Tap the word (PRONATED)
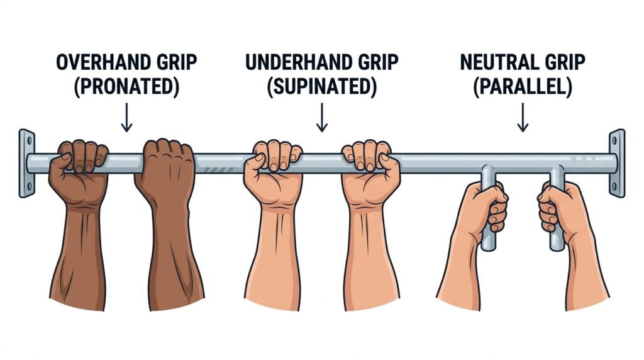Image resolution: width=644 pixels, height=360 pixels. point(126,86)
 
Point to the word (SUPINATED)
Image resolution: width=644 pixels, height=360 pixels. point(321,86)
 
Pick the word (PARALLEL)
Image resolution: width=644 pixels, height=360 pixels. point(523,86)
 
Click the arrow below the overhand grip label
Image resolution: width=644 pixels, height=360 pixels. point(126,117)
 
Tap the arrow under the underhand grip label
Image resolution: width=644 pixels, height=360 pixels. point(321,117)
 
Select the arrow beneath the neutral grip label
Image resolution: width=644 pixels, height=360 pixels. point(523,117)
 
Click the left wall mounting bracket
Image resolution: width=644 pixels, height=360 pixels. point(26,163)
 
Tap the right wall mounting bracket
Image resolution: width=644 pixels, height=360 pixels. point(617,163)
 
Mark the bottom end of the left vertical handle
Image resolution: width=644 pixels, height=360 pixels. point(488,248)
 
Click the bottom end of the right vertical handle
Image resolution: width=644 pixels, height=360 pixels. point(557,248)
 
